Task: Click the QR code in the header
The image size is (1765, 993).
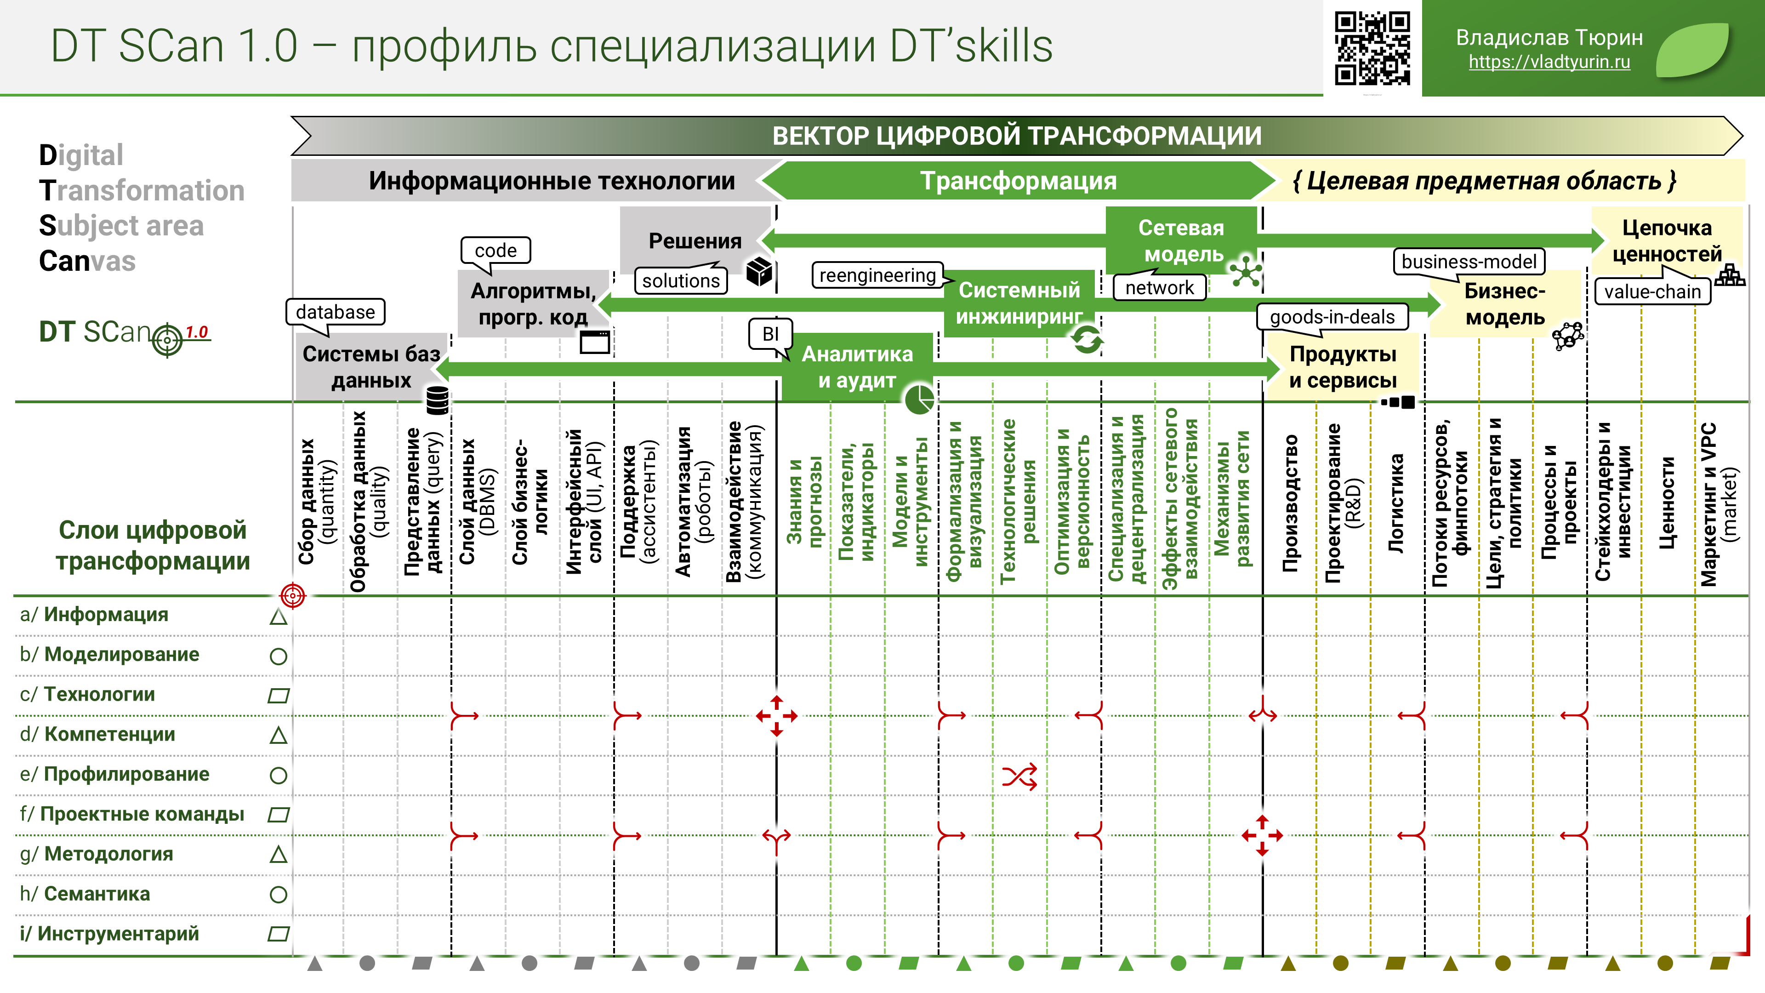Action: point(1372,48)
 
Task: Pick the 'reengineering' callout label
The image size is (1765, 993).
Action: point(878,275)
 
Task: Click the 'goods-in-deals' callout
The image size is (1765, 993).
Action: point(1332,317)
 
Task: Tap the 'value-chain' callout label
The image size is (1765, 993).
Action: point(1652,291)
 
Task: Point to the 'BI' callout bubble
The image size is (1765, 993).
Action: point(770,334)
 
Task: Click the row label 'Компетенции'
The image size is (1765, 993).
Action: point(110,734)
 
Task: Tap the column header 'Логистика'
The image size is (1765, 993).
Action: point(1396,504)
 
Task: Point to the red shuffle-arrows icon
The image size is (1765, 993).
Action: point(1019,776)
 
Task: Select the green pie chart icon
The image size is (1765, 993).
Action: point(919,399)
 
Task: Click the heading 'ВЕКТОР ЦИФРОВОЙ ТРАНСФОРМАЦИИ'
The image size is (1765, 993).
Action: point(1017,136)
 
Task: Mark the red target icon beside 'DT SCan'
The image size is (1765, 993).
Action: point(167,339)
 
